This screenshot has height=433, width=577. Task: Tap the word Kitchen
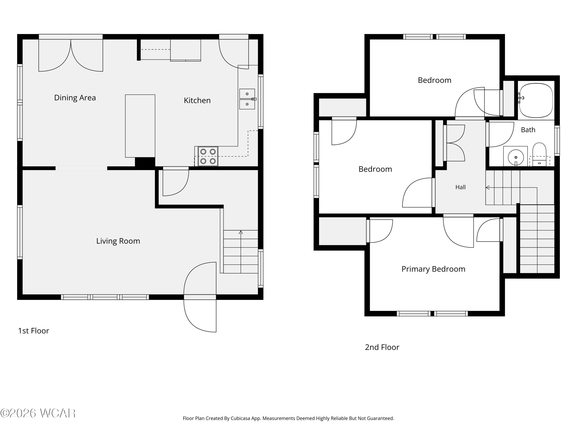(197, 100)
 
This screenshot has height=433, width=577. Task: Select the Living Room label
(118, 241)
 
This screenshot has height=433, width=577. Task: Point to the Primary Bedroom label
(433, 269)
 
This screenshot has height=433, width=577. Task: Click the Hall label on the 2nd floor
(460, 187)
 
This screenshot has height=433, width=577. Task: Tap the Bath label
(528, 130)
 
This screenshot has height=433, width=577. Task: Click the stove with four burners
(208, 156)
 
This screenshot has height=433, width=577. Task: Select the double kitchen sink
(247, 99)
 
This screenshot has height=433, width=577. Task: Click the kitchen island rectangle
(140, 126)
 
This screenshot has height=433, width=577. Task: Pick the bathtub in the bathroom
(536, 100)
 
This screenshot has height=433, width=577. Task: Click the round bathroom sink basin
(516, 157)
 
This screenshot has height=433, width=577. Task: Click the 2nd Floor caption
(382, 347)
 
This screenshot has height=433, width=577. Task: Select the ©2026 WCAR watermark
(38, 413)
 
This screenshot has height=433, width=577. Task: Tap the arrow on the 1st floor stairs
(241, 252)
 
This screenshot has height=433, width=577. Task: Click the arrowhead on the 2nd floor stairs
(487, 187)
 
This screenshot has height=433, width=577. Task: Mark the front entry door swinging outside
(200, 316)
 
